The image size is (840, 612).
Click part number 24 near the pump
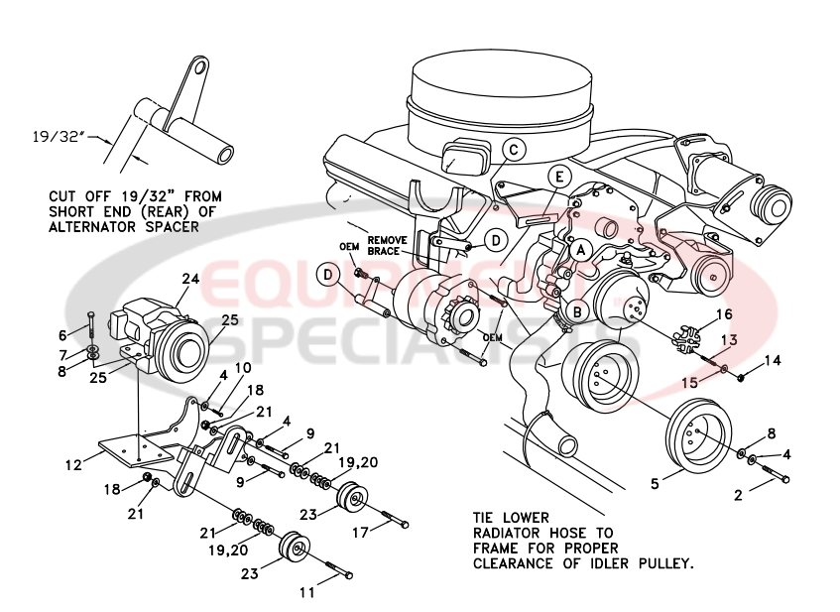[x=188, y=280]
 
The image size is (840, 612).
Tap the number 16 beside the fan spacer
[x=724, y=313]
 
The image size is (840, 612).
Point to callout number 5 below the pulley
[x=654, y=484]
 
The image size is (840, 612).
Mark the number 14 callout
[x=774, y=360]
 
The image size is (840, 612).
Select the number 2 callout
[x=738, y=493]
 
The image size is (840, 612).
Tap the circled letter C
[x=512, y=150]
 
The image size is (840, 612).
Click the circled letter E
[x=559, y=178]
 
